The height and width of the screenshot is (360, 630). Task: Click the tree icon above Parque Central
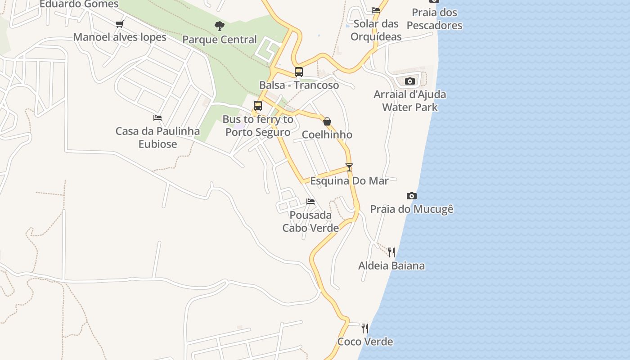[220, 26]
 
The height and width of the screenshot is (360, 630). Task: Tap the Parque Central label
[220, 40]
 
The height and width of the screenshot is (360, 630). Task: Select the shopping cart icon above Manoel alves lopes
[119, 24]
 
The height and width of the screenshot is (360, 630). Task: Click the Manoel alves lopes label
[120, 37]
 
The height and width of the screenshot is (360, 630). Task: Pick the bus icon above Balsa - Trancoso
[299, 72]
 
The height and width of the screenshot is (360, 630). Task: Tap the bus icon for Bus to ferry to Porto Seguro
[258, 106]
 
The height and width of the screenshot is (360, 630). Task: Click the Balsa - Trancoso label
[299, 85]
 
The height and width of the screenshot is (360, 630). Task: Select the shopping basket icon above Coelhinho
[327, 121]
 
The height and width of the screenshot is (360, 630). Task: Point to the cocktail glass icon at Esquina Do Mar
[349, 167]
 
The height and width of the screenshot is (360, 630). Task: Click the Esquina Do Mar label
[349, 181]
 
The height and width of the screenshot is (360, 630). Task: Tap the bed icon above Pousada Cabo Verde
[310, 202]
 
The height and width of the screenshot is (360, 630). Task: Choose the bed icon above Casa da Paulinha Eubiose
[157, 118]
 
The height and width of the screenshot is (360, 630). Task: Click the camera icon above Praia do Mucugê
[411, 196]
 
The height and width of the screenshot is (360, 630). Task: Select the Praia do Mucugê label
[411, 209]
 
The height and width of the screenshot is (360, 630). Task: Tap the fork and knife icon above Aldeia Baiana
[391, 252]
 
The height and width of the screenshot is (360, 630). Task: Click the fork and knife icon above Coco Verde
[365, 328]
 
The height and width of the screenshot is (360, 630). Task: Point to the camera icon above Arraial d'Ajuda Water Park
[409, 81]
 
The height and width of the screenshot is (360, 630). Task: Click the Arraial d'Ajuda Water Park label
[409, 101]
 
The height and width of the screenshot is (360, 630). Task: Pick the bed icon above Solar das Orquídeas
[376, 10]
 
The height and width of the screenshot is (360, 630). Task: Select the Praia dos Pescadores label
[434, 19]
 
